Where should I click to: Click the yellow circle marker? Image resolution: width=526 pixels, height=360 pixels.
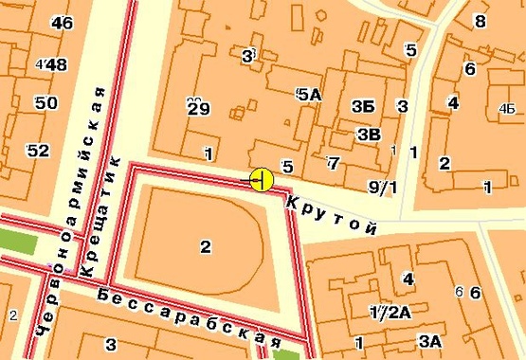coord(262,179)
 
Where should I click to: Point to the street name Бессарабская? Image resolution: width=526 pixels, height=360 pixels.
coord(190,315)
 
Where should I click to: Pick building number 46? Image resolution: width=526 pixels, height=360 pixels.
coord(63,23)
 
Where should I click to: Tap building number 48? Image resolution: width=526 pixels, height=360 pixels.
coord(55,64)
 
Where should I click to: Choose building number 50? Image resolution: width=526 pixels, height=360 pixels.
coord(44,102)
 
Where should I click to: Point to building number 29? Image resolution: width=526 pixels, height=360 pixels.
coord(197,107)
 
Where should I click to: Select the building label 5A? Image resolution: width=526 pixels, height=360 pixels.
coord(309,95)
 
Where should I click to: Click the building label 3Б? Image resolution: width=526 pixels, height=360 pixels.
coord(361,105)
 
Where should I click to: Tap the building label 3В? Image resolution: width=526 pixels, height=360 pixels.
coord(369,134)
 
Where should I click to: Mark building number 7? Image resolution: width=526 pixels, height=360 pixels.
coord(332,163)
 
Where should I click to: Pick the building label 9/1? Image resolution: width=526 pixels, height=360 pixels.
coord(383,186)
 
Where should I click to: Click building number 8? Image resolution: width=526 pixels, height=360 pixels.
coord(480,22)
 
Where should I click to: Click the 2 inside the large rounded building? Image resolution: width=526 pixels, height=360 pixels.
coord(205,247)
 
